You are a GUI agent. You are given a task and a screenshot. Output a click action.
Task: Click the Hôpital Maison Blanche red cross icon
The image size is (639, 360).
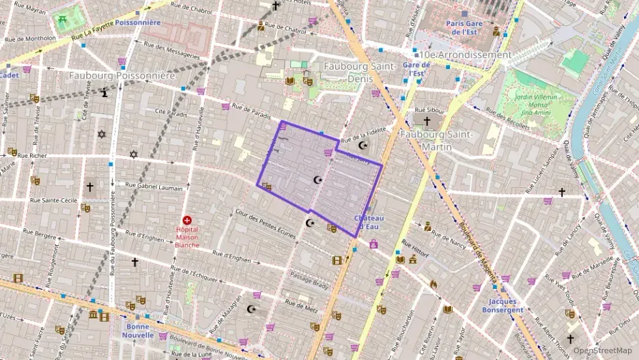tap(187, 220)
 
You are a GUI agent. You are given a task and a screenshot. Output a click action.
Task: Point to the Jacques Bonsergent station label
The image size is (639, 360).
tap(506, 305)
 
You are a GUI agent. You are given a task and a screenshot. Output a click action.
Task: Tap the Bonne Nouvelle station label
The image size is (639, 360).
tap(139, 331)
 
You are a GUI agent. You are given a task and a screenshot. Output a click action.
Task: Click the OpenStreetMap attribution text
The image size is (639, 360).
tap(602, 350)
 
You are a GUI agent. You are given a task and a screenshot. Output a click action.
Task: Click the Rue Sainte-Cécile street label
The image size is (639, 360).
tap(54, 201)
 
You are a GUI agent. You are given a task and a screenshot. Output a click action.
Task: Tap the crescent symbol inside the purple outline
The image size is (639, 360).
tap(317, 180)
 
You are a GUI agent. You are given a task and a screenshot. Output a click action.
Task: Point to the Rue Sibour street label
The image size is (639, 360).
tap(430, 110)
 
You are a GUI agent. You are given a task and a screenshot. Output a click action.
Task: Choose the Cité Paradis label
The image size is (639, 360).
tap(171, 113)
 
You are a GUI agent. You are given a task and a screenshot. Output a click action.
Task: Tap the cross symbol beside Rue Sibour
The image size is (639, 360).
tap(427, 122)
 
